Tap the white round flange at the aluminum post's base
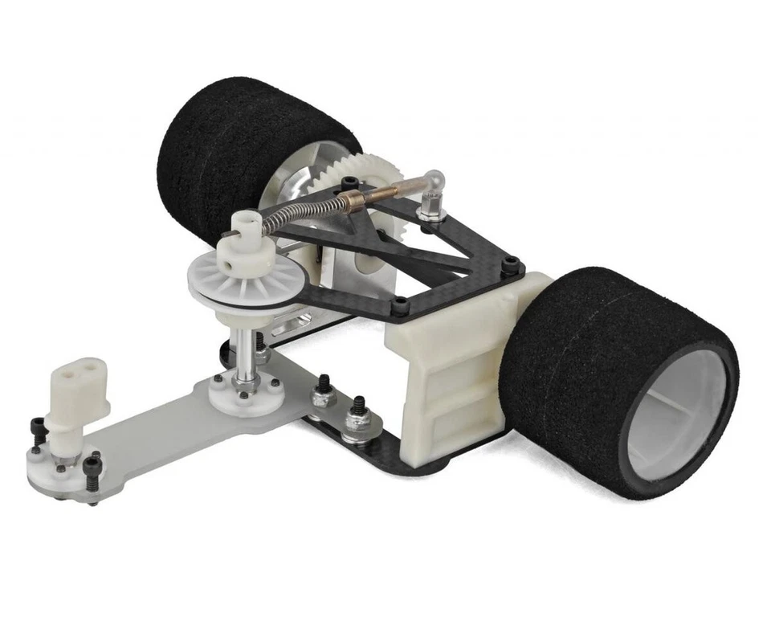[x=245, y=390]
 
